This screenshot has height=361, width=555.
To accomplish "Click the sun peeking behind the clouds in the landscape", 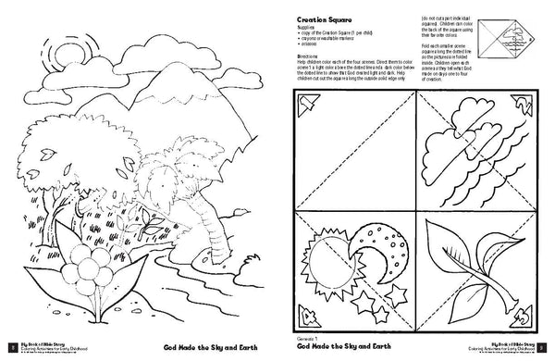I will [x=68, y=56].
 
